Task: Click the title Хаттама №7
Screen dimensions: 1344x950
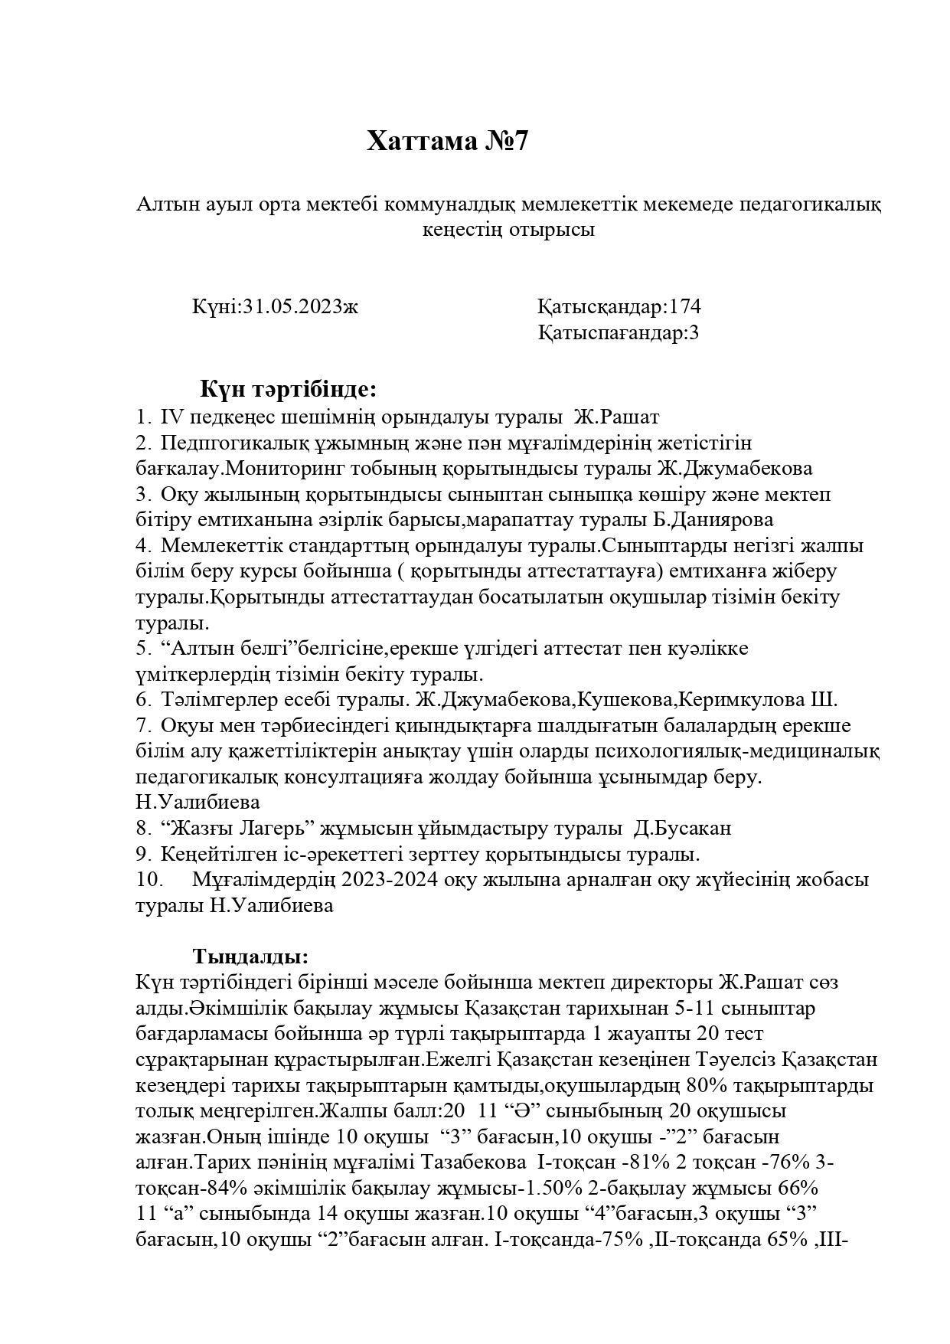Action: (447, 142)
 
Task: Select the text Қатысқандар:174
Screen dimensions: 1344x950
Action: (619, 307)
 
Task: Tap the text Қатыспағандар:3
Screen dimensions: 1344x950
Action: (618, 333)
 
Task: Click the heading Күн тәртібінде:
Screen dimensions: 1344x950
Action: (289, 389)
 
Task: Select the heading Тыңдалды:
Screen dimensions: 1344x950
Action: (251, 956)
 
